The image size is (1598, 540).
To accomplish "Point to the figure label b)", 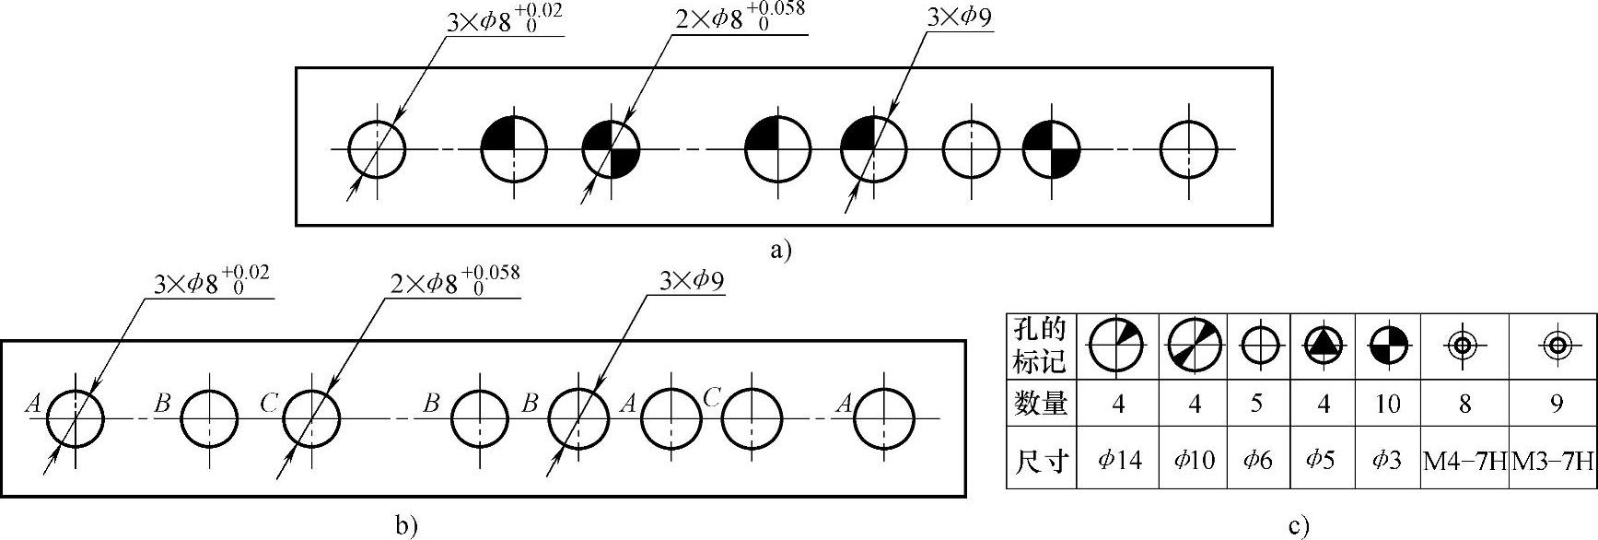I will point(406,525).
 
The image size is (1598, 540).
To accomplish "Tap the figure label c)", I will point(1299,527).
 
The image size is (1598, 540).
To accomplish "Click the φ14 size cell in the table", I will point(1117,458).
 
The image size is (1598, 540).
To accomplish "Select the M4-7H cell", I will point(1464,459).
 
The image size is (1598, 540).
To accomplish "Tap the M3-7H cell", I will point(1554,459).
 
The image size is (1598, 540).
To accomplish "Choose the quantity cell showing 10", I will point(1387,404).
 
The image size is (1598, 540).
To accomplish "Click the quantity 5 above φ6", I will point(1256,404).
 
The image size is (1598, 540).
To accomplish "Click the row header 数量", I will point(1041,404).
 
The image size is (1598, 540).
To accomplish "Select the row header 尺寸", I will point(1041,459).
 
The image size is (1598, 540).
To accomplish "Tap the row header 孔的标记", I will point(1041,346).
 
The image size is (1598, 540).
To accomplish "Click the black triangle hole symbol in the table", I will point(1323,345).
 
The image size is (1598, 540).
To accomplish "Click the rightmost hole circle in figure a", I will point(1187,148).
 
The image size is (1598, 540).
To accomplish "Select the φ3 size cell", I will point(1387,459).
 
